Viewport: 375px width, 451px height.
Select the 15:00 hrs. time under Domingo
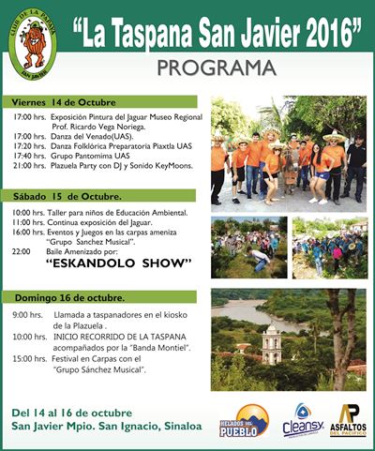pyautogui.click(x=31, y=358)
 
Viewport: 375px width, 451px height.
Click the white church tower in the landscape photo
pyautogui.click(x=272, y=344)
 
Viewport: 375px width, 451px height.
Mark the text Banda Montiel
pyautogui.click(x=164, y=347)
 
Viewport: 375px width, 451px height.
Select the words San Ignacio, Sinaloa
pyautogui.click(x=154, y=426)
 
